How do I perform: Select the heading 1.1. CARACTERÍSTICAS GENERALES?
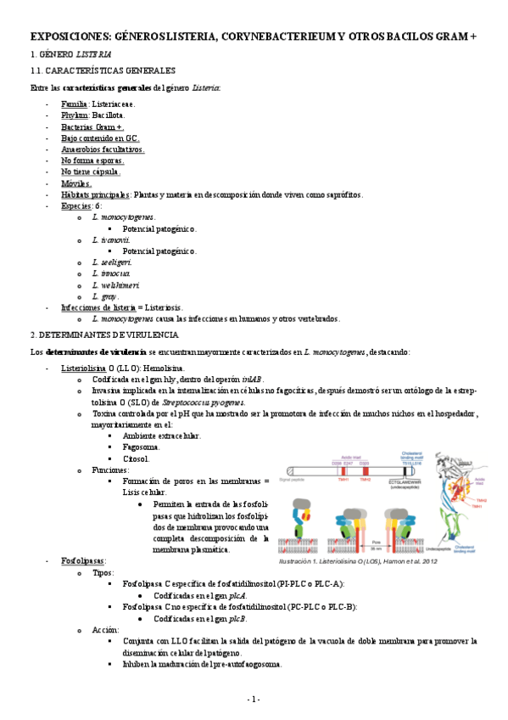click(102, 70)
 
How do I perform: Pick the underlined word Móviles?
click(76, 183)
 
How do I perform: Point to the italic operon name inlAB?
click(252, 380)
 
